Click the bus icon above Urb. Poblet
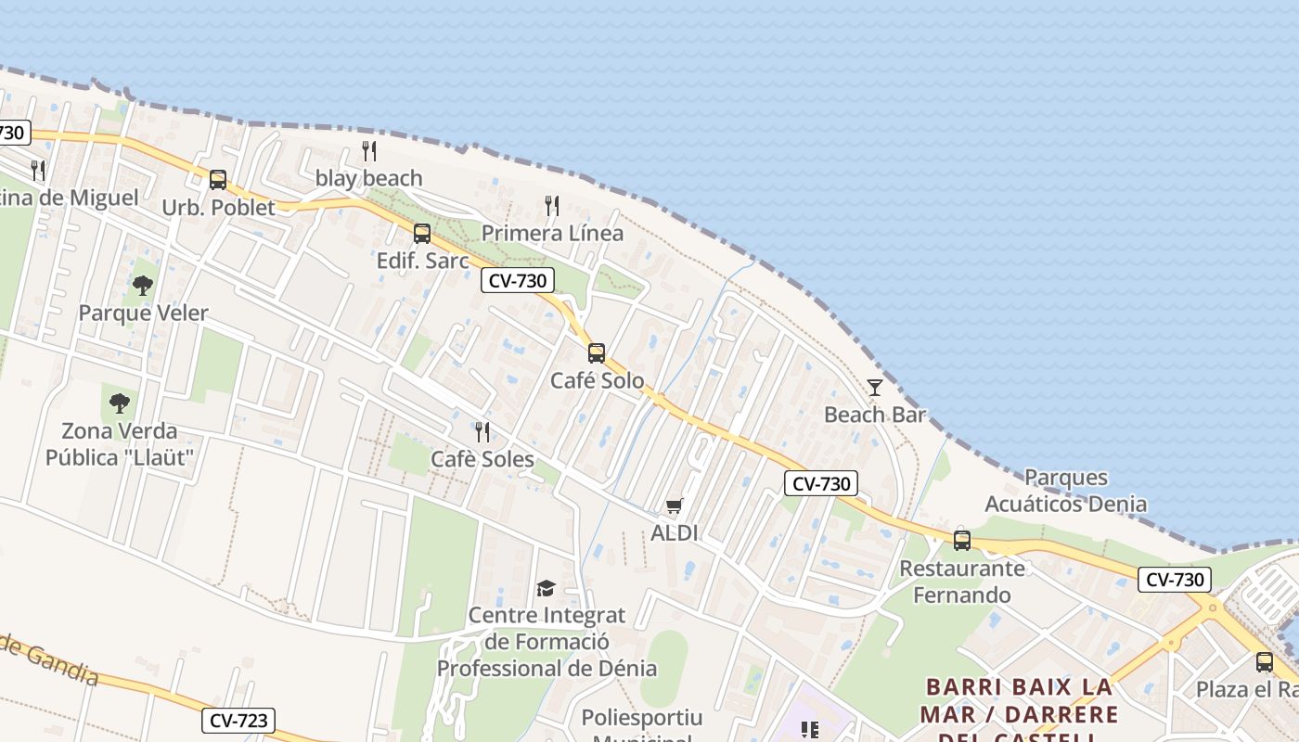tap(218, 180)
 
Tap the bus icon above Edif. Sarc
tap(422, 234)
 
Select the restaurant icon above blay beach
tap(369, 151)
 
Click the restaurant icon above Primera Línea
tap(552, 206)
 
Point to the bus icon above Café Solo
tap(597, 353)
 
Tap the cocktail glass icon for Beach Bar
tap(875, 388)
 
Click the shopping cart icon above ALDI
tap(675, 506)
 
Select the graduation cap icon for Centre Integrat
tap(547, 589)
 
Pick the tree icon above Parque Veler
tap(143, 286)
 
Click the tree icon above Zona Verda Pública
tap(119, 403)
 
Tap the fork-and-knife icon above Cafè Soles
tap(482, 432)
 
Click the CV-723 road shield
tap(239, 721)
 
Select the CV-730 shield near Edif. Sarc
tap(518, 280)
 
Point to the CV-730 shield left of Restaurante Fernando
tap(821, 483)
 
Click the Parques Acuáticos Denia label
tap(1066, 492)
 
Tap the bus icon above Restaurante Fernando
tap(962, 540)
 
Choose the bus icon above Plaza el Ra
tap(1265, 662)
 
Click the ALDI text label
tap(675, 533)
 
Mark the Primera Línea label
tap(552, 233)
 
